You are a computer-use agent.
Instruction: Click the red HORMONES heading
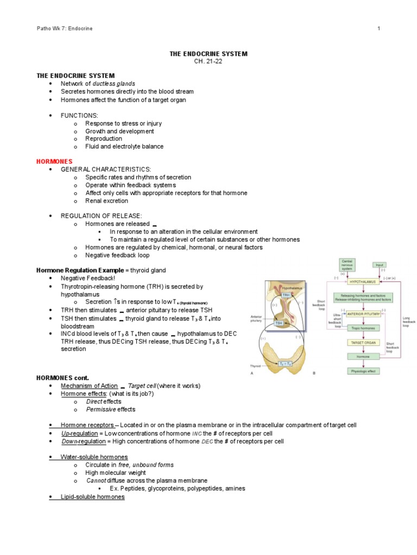(54, 162)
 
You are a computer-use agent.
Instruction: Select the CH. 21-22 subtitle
(209, 61)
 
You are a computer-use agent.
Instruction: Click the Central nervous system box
(346, 264)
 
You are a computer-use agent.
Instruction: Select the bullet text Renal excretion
(107, 201)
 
